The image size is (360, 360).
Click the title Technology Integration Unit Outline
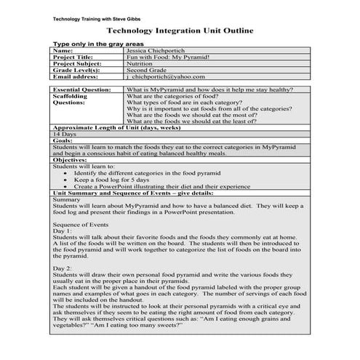(180, 31)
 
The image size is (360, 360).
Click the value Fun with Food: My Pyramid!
(173, 57)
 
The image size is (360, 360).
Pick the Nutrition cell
(144, 63)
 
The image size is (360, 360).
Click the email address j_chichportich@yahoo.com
(166, 76)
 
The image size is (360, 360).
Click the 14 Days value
(64, 135)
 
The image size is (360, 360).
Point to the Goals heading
(62, 140)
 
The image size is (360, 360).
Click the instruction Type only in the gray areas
(97, 44)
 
